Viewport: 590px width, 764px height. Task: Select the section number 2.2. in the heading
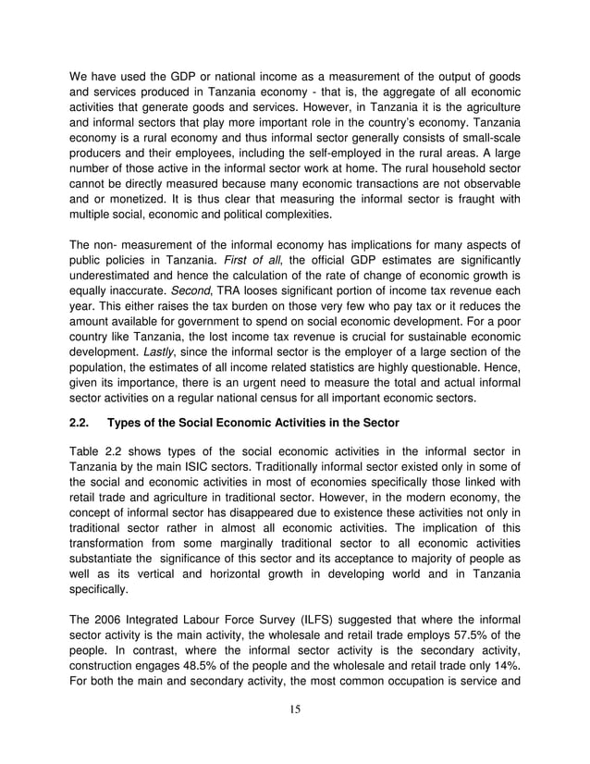point(81,425)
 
